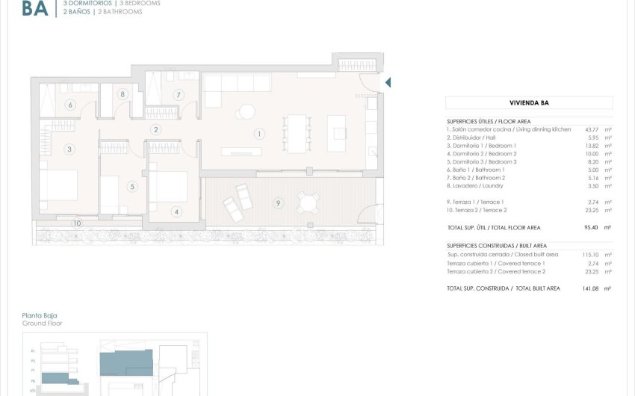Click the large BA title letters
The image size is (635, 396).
pos(35,8)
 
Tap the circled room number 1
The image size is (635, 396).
pos(258,134)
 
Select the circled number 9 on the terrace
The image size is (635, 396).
pos(278,202)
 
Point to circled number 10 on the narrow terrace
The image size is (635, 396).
pos(76,223)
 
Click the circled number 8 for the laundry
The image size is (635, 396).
pos(122,94)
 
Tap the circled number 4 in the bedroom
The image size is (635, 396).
pos(176,211)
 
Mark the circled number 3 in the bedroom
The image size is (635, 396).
pos(69,149)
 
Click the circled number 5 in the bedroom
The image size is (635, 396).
pos(132,187)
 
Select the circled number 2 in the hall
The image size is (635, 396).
pos(155,129)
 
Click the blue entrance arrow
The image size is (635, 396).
pos(387,82)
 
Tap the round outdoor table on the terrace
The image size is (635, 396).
pos(307,202)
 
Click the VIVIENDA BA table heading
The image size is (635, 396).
pos(529,103)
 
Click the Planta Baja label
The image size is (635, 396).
pos(40,315)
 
